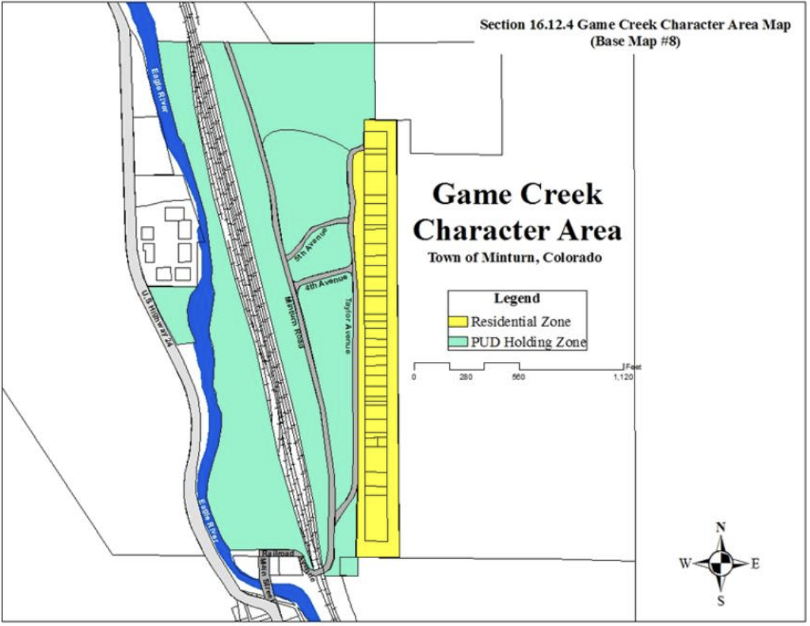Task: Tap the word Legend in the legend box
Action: (x=517, y=298)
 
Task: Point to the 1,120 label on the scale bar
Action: (x=623, y=377)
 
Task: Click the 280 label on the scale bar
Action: (x=466, y=377)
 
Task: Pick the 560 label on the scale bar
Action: (x=518, y=377)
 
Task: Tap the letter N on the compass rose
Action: (x=721, y=527)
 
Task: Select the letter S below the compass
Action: (x=721, y=601)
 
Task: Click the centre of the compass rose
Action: (x=721, y=564)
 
